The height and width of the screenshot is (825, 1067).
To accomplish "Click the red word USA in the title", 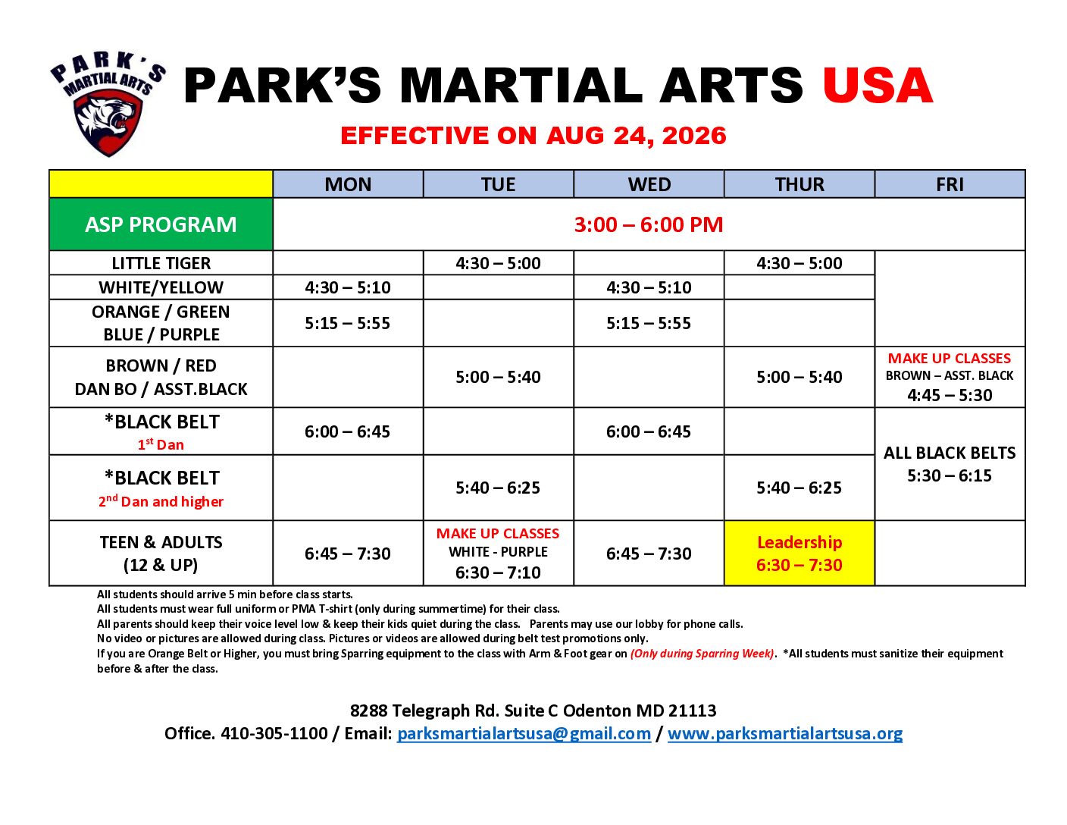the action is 878,86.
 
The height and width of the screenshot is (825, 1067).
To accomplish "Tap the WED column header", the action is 649,184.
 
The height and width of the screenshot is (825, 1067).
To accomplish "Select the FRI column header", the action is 950,184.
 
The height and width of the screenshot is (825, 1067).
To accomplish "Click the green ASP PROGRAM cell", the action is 161,224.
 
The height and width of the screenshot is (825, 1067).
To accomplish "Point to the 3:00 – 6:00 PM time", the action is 649,224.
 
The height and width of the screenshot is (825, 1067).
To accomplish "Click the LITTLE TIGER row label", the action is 161,263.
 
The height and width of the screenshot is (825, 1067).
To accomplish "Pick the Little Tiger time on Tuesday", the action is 498,263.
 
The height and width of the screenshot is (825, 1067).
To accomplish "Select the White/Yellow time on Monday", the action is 348,287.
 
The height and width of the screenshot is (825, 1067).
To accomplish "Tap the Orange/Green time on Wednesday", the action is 649,323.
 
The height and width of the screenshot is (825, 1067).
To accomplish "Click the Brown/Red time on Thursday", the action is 799,377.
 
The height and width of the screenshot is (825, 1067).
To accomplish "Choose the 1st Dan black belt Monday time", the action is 347,431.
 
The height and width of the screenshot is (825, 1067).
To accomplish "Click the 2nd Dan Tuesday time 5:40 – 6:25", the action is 498,488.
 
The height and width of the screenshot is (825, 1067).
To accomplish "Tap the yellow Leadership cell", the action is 799,553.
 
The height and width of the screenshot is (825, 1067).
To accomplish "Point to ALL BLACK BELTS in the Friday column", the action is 950,453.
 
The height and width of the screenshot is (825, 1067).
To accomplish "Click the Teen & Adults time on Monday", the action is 348,554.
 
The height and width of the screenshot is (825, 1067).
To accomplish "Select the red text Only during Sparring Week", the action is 702,654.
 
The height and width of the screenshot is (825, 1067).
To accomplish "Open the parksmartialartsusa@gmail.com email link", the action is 524,733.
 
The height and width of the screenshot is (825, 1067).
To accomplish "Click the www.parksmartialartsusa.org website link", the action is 784,733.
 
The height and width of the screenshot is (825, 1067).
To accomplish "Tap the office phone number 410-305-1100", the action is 274,733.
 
